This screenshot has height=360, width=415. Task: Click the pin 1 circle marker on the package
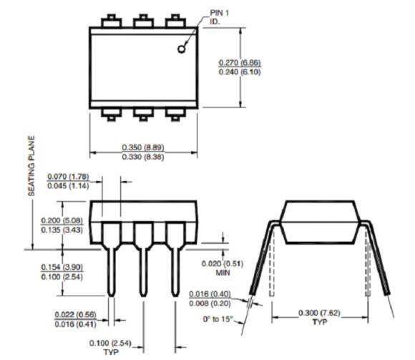tap(182, 48)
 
